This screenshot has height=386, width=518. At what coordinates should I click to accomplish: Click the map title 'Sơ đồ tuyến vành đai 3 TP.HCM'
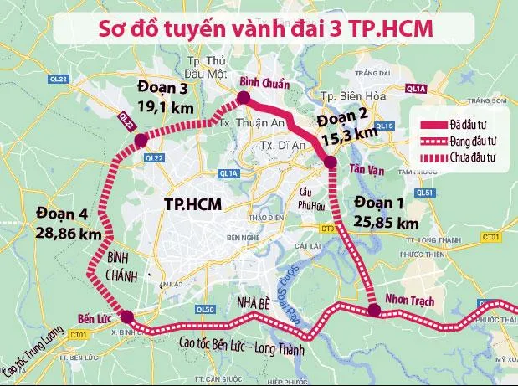tap(258, 28)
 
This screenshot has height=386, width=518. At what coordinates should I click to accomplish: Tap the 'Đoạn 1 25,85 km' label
tap(386, 213)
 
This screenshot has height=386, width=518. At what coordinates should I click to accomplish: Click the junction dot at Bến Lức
tap(126, 317)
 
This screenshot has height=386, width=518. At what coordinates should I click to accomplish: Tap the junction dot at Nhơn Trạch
tap(374, 311)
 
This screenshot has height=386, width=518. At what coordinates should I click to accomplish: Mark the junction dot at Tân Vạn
tap(330, 162)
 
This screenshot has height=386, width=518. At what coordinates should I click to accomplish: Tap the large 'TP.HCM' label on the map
tap(193, 203)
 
